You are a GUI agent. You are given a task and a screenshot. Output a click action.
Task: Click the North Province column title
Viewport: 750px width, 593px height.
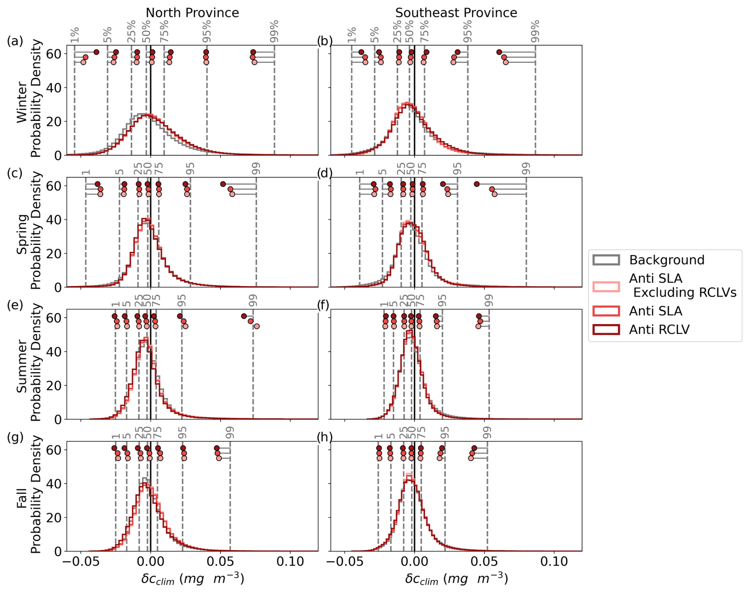192,13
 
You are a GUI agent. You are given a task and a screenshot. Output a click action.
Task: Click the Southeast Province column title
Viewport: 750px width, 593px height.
456,13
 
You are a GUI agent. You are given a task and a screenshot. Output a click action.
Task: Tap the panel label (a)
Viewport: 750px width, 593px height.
15,41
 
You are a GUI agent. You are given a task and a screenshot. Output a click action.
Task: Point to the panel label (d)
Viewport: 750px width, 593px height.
325,173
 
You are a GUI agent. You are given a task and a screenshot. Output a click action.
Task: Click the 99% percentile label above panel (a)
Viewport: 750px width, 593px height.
274,31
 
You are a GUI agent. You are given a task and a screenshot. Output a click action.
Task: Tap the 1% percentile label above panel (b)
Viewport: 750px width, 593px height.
352,35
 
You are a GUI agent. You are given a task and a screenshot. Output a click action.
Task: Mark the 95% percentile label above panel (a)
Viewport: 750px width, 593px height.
207,31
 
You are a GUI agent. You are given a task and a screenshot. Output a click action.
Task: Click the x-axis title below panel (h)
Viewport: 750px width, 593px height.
456,579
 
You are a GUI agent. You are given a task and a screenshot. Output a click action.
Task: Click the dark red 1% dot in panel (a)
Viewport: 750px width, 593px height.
96,52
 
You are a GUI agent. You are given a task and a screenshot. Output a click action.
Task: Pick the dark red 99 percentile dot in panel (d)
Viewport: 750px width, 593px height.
476,184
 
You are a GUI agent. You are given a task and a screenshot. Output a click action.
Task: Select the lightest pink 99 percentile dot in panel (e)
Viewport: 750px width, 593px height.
256,326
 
